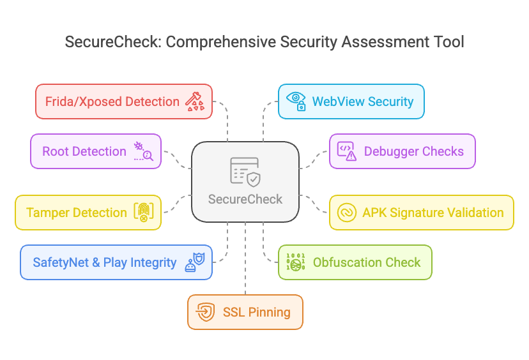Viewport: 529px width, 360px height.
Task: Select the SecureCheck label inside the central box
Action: pos(245,199)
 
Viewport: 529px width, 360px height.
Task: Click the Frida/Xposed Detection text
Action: pos(112,101)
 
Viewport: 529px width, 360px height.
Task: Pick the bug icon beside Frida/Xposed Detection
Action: pos(194,101)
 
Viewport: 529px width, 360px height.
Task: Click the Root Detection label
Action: pos(84,151)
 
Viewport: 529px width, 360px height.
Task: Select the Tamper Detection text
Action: pos(77,213)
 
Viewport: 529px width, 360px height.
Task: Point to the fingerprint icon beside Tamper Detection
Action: pos(143,213)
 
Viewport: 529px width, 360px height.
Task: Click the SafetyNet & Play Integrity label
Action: pos(105,262)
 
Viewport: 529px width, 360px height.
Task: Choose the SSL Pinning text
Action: pos(256,312)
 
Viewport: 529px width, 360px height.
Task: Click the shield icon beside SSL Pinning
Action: pos(205,312)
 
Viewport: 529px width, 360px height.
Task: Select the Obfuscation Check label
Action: pos(367,262)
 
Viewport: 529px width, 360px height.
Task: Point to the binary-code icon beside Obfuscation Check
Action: pos(295,262)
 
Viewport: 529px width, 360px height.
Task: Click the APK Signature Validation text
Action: pos(433,213)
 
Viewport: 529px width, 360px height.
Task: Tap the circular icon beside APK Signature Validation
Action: pos(346,213)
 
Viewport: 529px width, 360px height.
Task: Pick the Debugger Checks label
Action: pos(414,151)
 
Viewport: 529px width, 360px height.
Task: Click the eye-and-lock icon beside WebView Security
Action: pos(296,101)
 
